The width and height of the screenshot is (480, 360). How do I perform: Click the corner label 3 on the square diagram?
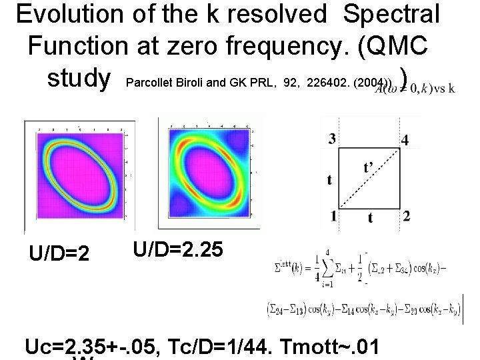pyautogui.click(x=333, y=139)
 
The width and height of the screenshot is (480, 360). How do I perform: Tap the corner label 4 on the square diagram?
pyautogui.click(x=405, y=140)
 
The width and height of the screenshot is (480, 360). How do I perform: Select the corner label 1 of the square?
pyautogui.click(x=333, y=215)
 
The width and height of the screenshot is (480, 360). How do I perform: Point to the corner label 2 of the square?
pyautogui.click(x=407, y=215)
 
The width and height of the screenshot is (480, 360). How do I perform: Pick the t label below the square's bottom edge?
pyautogui.click(x=370, y=218)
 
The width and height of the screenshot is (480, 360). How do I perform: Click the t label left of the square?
pyautogui.click(x=330, y=179)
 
